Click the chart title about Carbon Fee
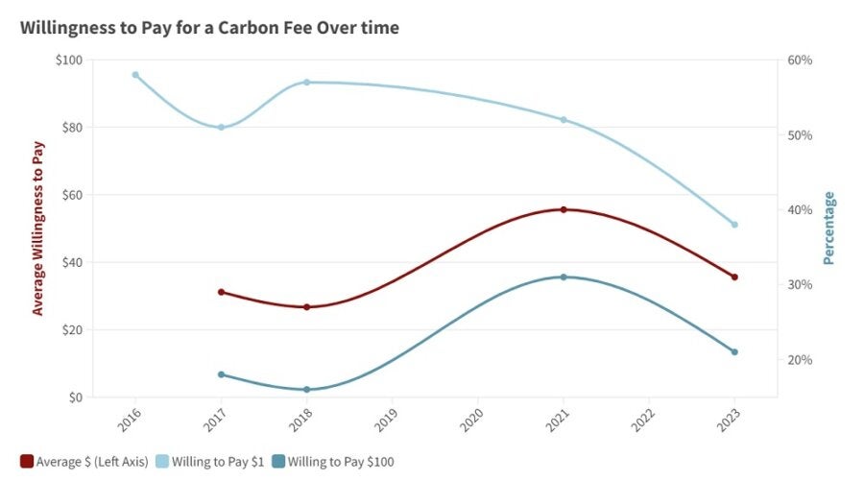pos(209,28)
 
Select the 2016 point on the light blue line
pos(135,75)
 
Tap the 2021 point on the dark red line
pos(564,209)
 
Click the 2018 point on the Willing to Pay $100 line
pos(307,390)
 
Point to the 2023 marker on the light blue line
pos(734,225)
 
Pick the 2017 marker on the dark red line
pos(221,292)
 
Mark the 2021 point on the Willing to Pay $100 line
pos(564,277)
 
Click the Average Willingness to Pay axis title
pos(38,228)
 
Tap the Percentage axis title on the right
pos(829,228)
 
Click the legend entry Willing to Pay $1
pos(214,462)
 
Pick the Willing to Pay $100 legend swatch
pos(278,462)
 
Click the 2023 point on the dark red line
pos(734,277)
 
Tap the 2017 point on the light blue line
pos(221,127)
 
